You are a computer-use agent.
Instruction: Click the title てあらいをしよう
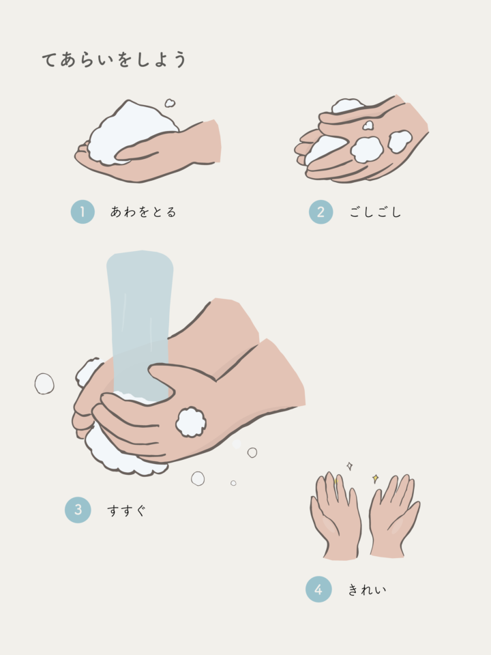pos(114,59)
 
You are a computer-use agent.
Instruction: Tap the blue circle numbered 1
pos(83,212)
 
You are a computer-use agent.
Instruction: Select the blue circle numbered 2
pos(321,212)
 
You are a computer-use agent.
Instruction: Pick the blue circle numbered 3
pos(78,510)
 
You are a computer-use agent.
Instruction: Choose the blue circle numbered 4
pos(318,589)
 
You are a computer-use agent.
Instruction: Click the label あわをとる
pos(143,212)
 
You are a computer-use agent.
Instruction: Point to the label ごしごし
pos(375,212)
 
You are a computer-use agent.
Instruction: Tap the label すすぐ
pos(127,510)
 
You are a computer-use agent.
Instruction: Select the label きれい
pos(367,589)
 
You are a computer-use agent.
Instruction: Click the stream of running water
pos(140,326)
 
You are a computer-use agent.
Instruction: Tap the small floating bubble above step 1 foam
pos(170,103)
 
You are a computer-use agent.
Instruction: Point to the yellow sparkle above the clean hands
pos(375,478)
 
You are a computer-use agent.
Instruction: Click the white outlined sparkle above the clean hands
pos(350,466)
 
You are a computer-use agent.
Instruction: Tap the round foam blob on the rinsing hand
pos(191,422)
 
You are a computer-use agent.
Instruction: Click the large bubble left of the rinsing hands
pos(44,383)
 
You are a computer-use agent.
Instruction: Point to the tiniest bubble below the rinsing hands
pos(233,483)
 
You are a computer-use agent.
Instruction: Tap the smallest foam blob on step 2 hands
pos(368,126)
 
